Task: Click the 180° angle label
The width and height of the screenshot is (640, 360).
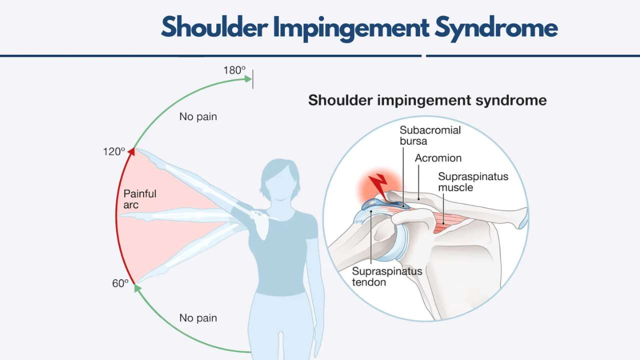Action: pos(234,70)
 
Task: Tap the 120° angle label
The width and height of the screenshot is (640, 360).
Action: pos(114,151)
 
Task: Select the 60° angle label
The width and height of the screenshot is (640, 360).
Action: pos(120,283)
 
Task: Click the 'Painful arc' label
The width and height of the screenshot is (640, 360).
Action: pos(140,199)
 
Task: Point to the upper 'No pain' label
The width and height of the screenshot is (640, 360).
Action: pos(198,117)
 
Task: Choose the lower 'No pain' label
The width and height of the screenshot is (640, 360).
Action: pos(198,318)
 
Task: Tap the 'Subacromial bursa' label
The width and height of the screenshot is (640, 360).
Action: pos(430,135)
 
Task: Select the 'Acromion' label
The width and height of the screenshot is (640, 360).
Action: pos(438,158)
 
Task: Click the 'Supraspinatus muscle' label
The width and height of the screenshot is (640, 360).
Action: pos(473,182)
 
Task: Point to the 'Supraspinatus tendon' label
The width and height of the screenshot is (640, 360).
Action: pos(387,276)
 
